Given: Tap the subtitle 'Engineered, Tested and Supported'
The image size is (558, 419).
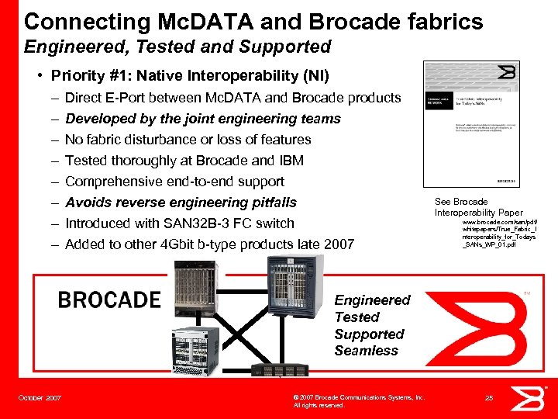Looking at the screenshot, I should point(177,47).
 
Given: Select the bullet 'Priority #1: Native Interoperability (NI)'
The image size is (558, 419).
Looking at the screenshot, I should point(190,76).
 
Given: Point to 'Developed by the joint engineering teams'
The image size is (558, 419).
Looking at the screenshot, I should point(203,119).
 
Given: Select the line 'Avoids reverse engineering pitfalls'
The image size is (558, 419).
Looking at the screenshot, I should point(181,203).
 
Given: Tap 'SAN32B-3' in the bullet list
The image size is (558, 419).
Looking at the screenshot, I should point(198,223).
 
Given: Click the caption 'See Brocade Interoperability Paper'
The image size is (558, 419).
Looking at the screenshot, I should point(478,207).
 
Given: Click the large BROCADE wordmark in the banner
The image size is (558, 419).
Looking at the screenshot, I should point(109,300).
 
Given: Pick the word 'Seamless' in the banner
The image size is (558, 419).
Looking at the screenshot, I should point(366,351).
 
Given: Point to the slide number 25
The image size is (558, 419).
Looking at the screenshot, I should point(488,398).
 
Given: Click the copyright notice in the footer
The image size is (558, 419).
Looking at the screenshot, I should point(358,401).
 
